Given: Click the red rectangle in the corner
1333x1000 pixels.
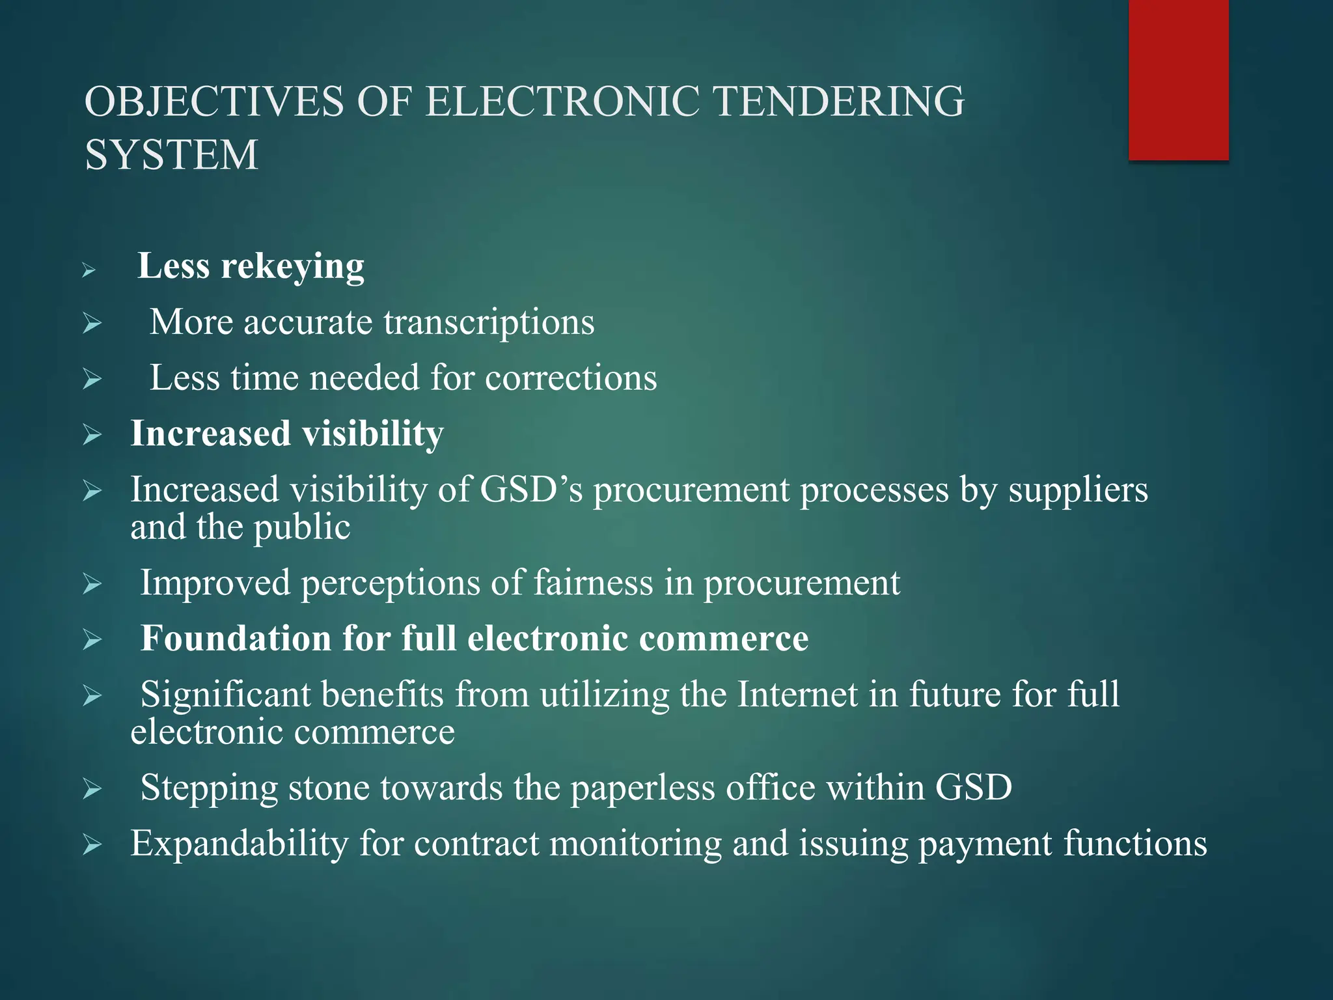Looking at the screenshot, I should tap(1178, 79).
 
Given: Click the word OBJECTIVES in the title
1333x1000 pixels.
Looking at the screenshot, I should tap(214, 102).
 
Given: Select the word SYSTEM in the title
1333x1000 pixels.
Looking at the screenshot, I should tap(172, 155).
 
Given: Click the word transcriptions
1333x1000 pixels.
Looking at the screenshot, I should tap(489, 322).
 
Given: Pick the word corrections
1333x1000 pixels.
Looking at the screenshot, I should tap(571, 378).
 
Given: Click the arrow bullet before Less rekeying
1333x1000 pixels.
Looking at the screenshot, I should tap(89, 270).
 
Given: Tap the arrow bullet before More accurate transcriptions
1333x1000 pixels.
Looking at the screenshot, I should tap(92, 323).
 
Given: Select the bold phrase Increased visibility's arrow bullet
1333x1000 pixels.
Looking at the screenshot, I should tap(92, 434).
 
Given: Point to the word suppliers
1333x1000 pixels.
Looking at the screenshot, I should tap(1078, 490).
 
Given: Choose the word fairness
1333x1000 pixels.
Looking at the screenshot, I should tap(593, 582).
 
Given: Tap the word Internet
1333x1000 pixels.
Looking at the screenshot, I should tap(797, 694).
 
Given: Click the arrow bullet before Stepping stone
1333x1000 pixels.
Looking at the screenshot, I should tap(92, 789).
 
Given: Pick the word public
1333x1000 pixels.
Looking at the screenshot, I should tap(302, 527).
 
